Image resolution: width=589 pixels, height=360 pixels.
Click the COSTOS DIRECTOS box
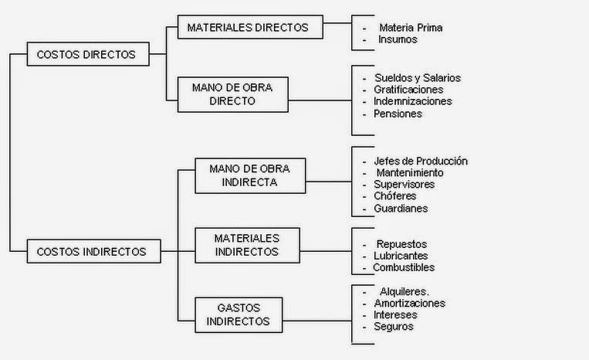[87, 54]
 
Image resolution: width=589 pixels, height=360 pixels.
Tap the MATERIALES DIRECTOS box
[248, 27]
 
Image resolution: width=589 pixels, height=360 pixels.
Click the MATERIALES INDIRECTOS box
[246, 244]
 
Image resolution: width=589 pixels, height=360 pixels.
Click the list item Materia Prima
[410, 28]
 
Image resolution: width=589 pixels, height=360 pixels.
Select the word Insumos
[398, 39]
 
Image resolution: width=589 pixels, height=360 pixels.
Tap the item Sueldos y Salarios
[417, 77]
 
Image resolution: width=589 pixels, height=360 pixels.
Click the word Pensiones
[398, 114]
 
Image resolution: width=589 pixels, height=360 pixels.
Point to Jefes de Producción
[421, 161]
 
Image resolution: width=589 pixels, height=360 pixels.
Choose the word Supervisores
[404, 185]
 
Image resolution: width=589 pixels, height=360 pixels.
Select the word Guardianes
[401, 209]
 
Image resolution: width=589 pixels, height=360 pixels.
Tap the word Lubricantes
[401, 256]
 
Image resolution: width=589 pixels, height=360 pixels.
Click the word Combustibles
[404, 268]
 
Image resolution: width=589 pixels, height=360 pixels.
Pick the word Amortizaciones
[409, 304]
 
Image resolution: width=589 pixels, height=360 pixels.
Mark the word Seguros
[393, 327]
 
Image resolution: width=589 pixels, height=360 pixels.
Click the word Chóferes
[395, 196]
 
